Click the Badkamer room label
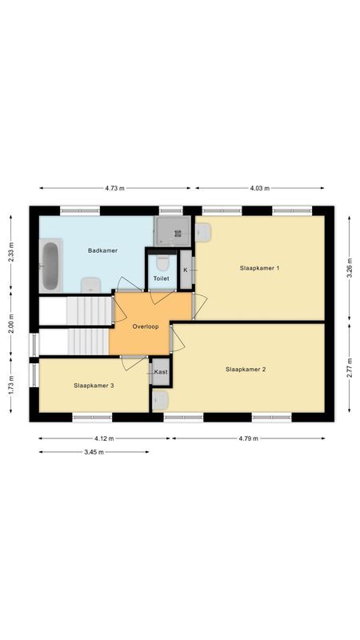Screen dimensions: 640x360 pos(102,250)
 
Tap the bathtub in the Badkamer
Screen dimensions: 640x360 pos(50,266)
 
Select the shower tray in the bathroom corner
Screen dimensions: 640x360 pos(173,232)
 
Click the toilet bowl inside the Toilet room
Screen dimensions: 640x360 pos(162,262)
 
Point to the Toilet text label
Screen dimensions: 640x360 pos(162,278)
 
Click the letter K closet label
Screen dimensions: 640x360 pos(186,270)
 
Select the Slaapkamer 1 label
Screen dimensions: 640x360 pos(259,268)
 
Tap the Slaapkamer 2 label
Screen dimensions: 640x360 pos(246,369)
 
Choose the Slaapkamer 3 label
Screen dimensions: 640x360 pos(94,386)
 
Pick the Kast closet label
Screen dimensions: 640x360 pos(161,372)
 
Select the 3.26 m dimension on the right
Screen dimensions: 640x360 pos(349,265)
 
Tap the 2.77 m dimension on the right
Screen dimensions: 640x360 pos(349,368)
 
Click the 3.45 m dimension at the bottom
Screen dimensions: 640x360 pos(94,452)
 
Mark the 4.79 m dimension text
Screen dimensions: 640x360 pos(248,438)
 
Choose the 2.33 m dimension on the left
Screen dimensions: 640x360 pos(11,253)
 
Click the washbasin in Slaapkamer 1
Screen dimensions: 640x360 pos(203,232)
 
